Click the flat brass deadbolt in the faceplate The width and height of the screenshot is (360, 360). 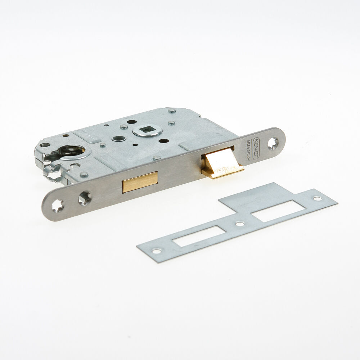click(x=140, y=182)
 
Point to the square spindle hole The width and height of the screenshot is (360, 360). click(x=147, y=130)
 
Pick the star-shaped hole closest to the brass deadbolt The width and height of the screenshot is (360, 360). click(x=85, y=198)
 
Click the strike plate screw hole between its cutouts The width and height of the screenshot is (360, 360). click(x=240, y=224)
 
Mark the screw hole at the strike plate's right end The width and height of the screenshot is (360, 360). click(x=317, y=198)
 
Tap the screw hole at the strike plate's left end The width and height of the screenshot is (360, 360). click(x=156, y=251)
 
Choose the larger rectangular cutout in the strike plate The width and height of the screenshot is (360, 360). click(x=277, y=211)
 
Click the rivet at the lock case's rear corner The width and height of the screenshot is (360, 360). click(x=172, y=111)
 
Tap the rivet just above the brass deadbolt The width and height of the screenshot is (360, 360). click(x=157, y=158)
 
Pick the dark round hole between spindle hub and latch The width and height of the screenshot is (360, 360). click(x=164, y=141)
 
